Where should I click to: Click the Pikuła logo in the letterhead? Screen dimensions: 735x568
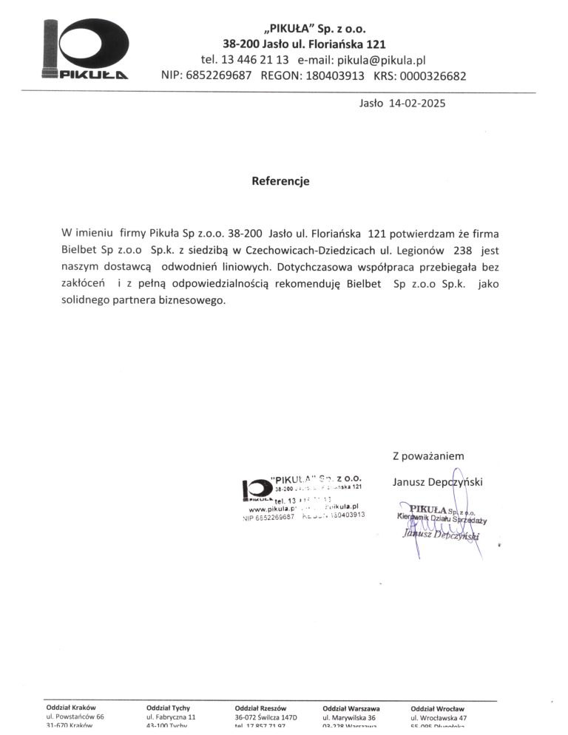coord(86,50)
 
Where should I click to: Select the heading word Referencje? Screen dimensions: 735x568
coord(280,181)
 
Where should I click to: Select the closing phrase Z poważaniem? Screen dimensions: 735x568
coord(428,456)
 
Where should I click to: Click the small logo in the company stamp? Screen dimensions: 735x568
coord(256,490)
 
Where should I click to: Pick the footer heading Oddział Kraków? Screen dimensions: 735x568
coord(71,708)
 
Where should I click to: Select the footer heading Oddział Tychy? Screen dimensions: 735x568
coord(169,708)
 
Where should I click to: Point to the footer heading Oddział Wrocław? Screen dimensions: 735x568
coord(437,708)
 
